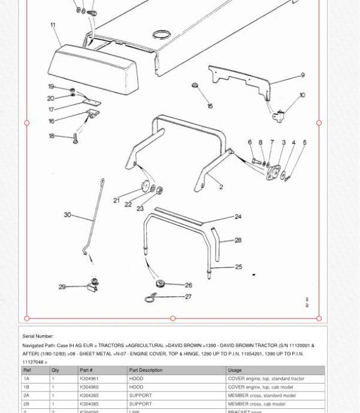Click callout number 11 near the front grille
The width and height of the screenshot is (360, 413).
point(53,25)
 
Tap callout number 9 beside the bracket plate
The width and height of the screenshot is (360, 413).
point(302,75)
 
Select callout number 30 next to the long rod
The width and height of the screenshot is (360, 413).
point(67,214)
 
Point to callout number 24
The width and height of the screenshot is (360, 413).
point(238,217)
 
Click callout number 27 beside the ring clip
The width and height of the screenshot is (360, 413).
point(188,296)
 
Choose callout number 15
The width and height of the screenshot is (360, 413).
point(210,106)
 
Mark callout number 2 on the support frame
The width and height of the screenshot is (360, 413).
point(221,187)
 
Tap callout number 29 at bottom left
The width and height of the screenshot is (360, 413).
point(62,287)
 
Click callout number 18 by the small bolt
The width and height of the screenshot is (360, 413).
point(52,136)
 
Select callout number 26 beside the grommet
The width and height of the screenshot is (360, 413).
point(188,285)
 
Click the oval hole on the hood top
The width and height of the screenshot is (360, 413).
point(161,35)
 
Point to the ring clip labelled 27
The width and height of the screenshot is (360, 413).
point(151,297)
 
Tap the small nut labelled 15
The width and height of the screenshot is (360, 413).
point(195,86)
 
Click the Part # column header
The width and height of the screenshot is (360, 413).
point(86,370)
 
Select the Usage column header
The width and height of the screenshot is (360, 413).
point(234,370)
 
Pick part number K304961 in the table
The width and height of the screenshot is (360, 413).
point(89,378)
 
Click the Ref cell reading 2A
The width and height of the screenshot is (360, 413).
point(26,395)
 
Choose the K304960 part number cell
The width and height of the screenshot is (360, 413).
point(89,387)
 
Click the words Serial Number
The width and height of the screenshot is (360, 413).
point(38,336)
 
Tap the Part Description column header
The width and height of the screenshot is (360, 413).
point(146,370)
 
